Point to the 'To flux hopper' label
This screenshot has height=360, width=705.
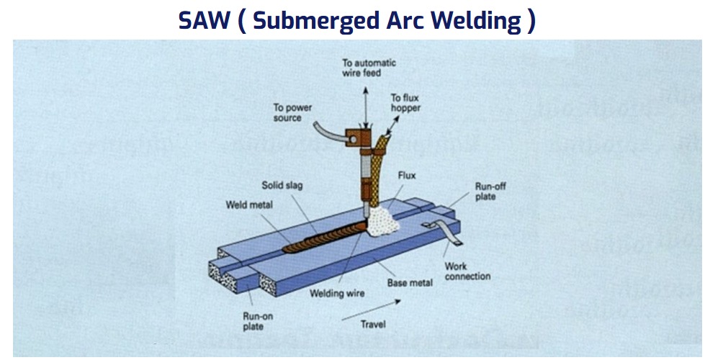pyautogui.click(x=405, y=103)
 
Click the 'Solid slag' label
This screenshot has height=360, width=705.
pyautogui.click(x=282, y=185)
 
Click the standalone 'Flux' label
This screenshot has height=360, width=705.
pyautogui.click(x=407, y=175)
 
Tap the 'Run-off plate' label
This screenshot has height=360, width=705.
pyautogui.click(x=490, y=192)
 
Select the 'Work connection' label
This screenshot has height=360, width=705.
pyautogui.click(x=467, y=271)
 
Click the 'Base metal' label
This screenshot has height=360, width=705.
pyautogui.click(x=410, y=283)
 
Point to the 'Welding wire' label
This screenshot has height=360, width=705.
pyautogui.click(x=337, y=293)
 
